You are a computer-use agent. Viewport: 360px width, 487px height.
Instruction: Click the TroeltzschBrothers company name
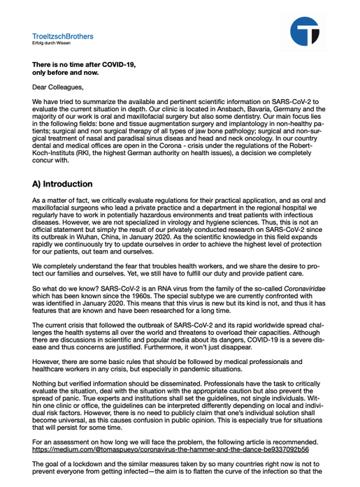[x=63, y=36]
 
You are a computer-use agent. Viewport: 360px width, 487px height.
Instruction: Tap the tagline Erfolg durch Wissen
[x=51, y=43]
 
